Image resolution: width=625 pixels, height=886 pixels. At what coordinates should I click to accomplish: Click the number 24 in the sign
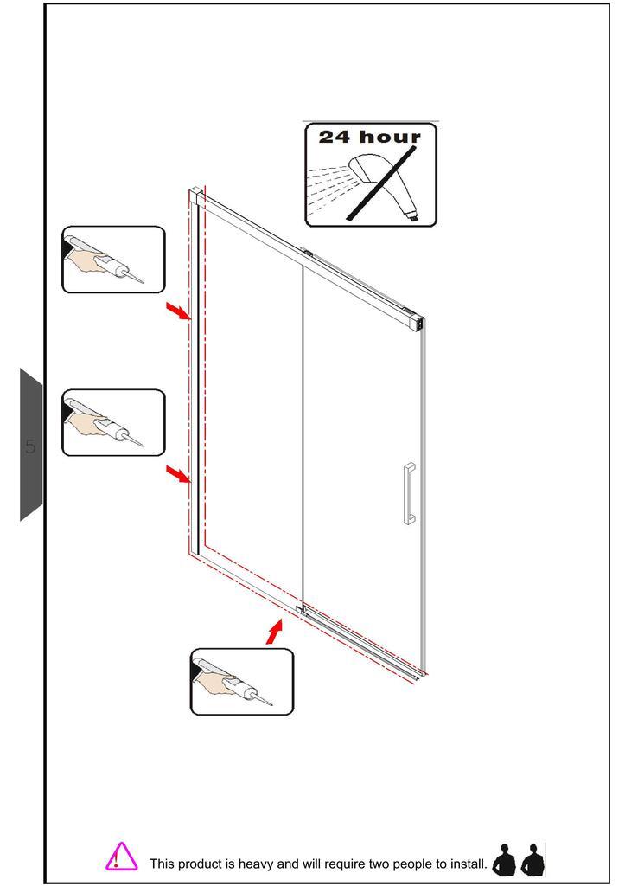[x=335, y=137]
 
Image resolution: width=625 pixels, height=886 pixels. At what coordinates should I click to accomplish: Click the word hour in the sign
[x=390, y=137]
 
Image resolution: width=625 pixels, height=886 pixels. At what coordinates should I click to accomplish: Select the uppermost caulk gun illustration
[x=113, y=260]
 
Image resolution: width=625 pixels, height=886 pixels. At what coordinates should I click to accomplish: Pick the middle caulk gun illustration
[x=113, y=422]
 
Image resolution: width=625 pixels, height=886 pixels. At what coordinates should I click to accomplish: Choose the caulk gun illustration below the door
[x=242, y=682]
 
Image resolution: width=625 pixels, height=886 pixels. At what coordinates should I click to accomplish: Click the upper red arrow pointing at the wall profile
[x=178, y=311]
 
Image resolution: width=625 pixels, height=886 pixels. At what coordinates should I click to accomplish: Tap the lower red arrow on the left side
[x=178, y=474]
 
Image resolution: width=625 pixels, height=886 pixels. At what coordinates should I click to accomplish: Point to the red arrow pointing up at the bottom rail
[x=274, y=632]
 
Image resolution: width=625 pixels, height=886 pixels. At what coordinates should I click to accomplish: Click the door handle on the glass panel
[x=408, y=493]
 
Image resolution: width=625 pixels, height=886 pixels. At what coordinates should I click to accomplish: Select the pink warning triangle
[x=121, y=856]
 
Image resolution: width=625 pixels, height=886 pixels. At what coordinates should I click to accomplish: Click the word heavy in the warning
[x=257, y=864]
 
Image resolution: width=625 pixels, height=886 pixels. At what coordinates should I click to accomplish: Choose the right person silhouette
[x=533, y=860]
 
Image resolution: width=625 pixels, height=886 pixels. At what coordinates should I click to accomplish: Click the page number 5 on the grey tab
[x=30, y=447]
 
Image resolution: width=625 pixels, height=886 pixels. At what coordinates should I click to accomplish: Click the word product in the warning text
[x=200, y=864]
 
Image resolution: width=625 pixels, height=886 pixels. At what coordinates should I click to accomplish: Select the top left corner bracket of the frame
[x=195, y=194]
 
